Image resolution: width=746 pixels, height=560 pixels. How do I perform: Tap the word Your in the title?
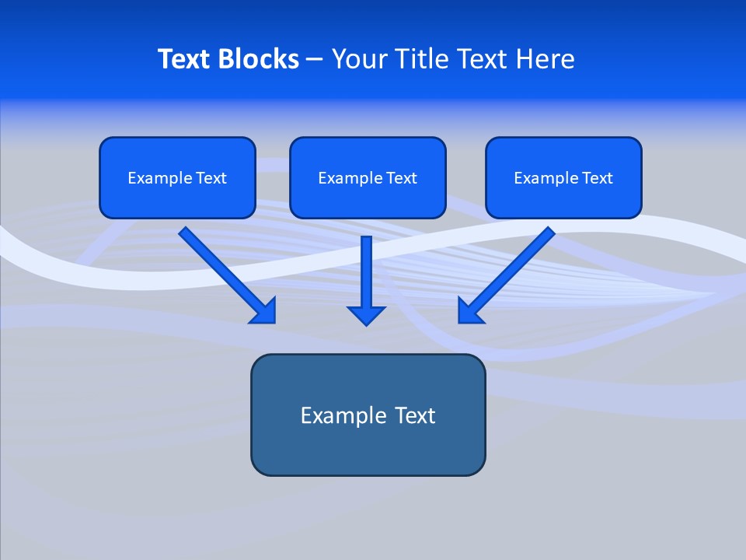pos(359,59)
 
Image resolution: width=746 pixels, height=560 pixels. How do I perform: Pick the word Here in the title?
pos(547,59)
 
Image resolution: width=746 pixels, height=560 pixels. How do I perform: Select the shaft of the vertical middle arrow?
pos(366,268)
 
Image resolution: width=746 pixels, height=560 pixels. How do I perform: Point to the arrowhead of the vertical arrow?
pos(366,315)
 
